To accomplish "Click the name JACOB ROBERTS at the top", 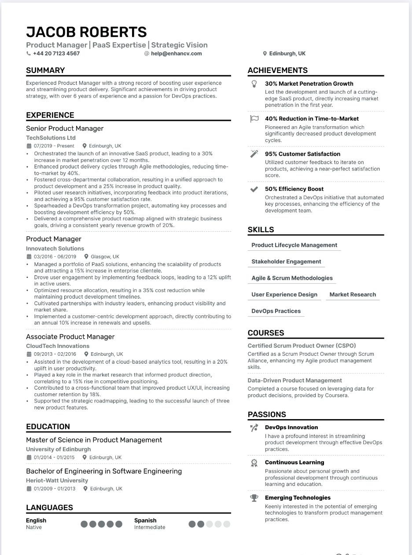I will (x=86, y=32).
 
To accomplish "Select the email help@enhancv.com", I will (x=176, y=54).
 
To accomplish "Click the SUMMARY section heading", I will (x=45, y=70).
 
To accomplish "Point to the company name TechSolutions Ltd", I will (x=51, y=138).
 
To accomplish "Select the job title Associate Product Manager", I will (x=70, y=337).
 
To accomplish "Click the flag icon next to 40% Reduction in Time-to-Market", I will (x=254, y=119).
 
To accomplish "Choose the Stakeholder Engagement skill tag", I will (x=286, y=262).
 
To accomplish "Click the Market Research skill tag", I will (x=353, y=295).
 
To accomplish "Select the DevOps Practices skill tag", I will (x=276, y=311).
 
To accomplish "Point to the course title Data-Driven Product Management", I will (x=294, y=380).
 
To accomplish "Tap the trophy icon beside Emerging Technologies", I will (x=254, y=498).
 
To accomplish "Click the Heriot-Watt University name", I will (x=57, y=481).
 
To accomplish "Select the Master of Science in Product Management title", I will (x=94, y=440).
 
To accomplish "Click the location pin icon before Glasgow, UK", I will (x=86, y=257).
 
